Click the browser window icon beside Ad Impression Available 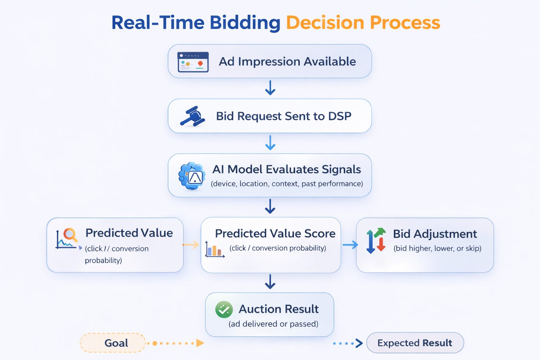(x=193, y=62)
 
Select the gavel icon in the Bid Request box (x=192, y=116)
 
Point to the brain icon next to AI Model (x=192, y=176)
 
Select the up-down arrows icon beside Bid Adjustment (x=376, y=240)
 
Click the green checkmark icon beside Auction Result (x=224, y=309)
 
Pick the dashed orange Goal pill (x=113, y=343)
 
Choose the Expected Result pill (x=415, y=343)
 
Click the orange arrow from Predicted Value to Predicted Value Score (x=191, y=245)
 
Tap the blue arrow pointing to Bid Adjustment (x=350, y=245)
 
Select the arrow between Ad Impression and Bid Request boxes (x=270, y=88)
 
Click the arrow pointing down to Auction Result (x=270, y=282)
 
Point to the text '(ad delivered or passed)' (x=274, y=324)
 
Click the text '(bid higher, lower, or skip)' (x=437, y=248)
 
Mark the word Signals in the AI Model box (x=341, y=170)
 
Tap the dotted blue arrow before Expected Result (x=348, y=343)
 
